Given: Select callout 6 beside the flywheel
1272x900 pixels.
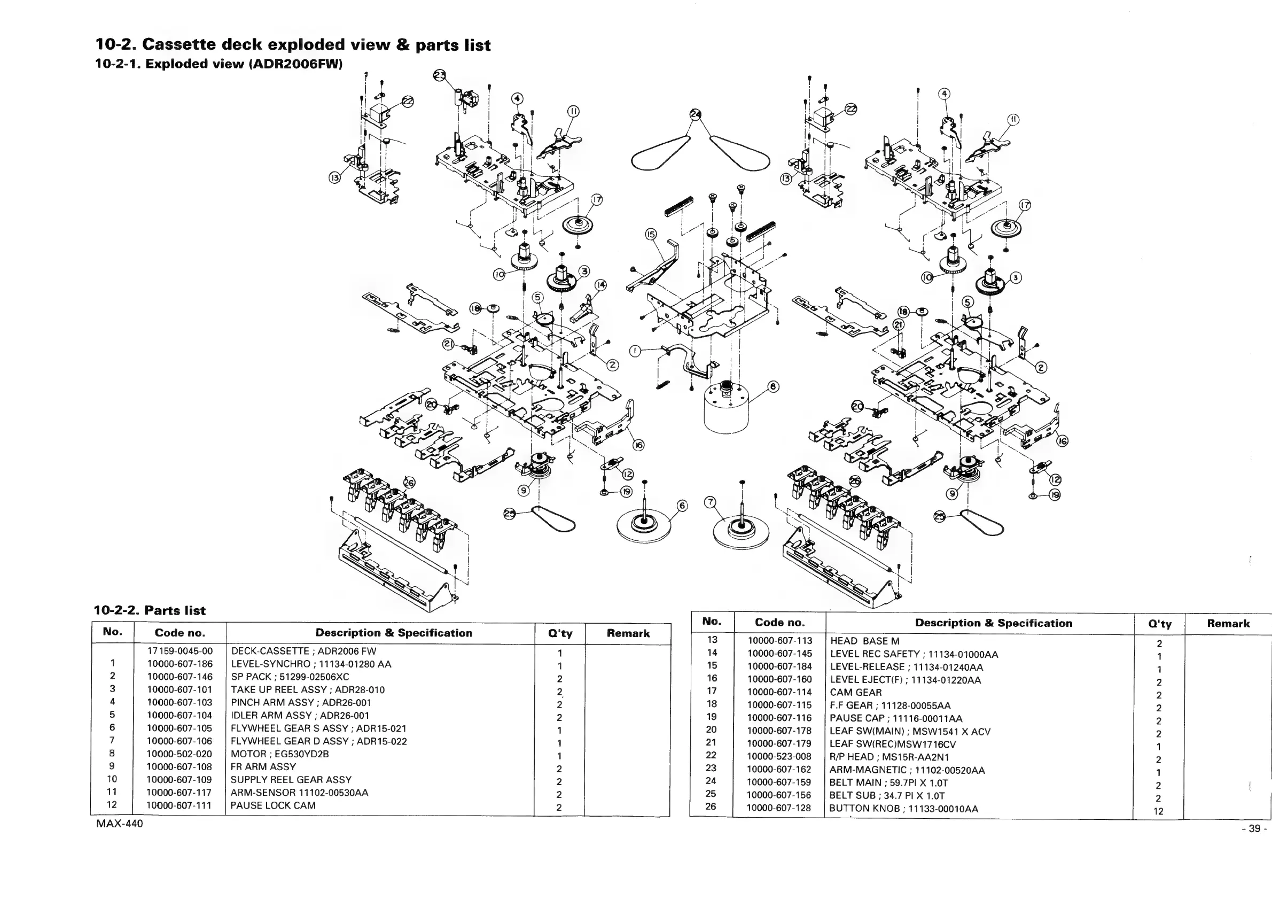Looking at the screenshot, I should [x=683, y=506].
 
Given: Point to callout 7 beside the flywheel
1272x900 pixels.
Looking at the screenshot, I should [x=709, y=502].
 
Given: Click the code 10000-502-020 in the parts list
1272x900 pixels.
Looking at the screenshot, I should [x=180, y=754].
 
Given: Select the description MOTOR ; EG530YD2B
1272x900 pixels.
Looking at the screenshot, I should [x=280, y=754].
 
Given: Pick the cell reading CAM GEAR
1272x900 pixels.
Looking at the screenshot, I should [x=855, y=693].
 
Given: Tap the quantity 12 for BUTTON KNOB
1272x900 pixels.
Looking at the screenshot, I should [x=1158, y=812].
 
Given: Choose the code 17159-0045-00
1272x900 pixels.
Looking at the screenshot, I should [x=180, y=651].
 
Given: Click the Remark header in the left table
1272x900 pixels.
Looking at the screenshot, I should [x=628, y=633].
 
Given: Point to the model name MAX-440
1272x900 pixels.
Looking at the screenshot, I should [x=119, y=824].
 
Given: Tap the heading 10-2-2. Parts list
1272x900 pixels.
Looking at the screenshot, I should [x=150, y=611].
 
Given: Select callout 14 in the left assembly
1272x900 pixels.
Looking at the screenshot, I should [x=600, y=285].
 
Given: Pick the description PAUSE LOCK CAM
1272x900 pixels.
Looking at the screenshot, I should [x=273, y=806].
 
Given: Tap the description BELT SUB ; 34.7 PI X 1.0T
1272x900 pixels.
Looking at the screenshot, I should [x=887, y=796].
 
